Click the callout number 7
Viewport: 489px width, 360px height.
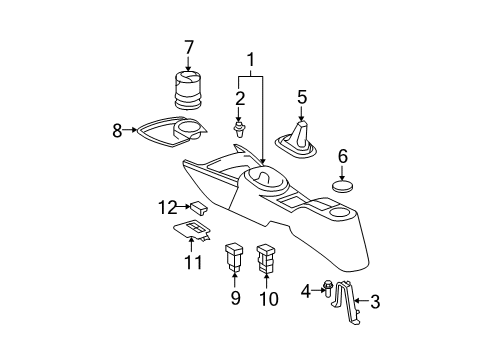(189, 48)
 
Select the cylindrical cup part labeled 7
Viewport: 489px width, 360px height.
(189, 90)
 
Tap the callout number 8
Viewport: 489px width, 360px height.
(117, 131)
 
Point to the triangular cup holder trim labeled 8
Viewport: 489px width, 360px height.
(172, 132)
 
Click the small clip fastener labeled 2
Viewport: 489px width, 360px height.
(238, 130)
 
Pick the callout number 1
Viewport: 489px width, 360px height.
(250, 60)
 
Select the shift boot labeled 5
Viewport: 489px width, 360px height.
(296, 141)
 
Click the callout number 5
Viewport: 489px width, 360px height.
(302, 97)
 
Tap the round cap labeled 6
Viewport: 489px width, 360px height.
(343, 186)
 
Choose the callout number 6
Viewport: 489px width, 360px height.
(343, 156)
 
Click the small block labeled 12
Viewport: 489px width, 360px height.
(199, 207)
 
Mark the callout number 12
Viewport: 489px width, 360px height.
(168, 208)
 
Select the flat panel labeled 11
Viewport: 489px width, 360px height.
(192, 230)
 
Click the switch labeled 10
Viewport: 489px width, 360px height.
(266, 258)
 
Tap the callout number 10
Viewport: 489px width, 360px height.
(269, 299)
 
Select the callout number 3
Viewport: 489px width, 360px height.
(375, 301)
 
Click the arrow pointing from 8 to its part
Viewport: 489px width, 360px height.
(130, 130)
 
